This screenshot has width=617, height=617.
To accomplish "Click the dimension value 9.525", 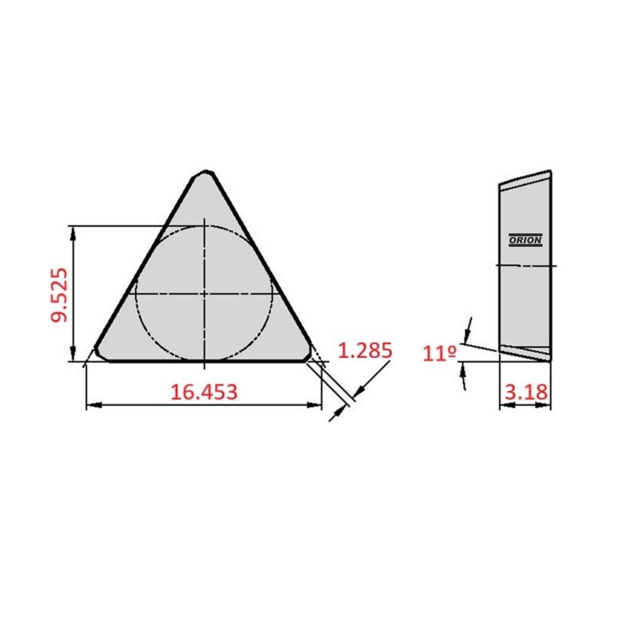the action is point(59,295).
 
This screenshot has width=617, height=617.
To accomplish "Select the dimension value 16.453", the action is point(204,392).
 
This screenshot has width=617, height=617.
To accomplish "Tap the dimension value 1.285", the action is point(365,351).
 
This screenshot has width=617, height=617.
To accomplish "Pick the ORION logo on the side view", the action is point(525,240).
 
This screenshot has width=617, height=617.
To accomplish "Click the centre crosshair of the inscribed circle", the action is point(204,294).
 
